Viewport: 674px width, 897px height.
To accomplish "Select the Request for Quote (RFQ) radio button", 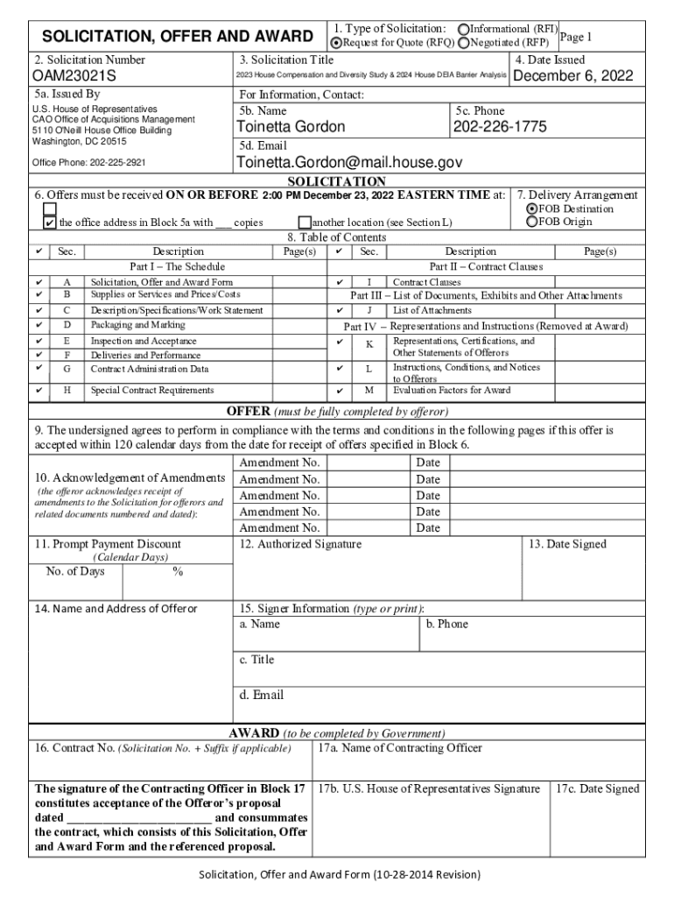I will click(335, 42).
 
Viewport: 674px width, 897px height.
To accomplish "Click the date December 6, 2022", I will click(572, 77).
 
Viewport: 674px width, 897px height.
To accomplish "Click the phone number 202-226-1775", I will click(500, 127).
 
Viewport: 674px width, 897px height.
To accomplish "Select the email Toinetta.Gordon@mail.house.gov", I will click(349, 163).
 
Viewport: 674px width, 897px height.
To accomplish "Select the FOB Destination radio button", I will click(530, 209).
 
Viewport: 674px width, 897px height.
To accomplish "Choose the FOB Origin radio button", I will click(530, 222).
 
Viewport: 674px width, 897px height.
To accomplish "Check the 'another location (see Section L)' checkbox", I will click(305, 222).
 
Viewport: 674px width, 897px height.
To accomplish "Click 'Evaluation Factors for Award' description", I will click(452, 391).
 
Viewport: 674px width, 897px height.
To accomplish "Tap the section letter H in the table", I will click(67, 391).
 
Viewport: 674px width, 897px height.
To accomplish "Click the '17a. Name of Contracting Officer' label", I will click(399, 748).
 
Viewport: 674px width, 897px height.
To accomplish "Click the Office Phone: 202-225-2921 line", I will click(89, 163).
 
